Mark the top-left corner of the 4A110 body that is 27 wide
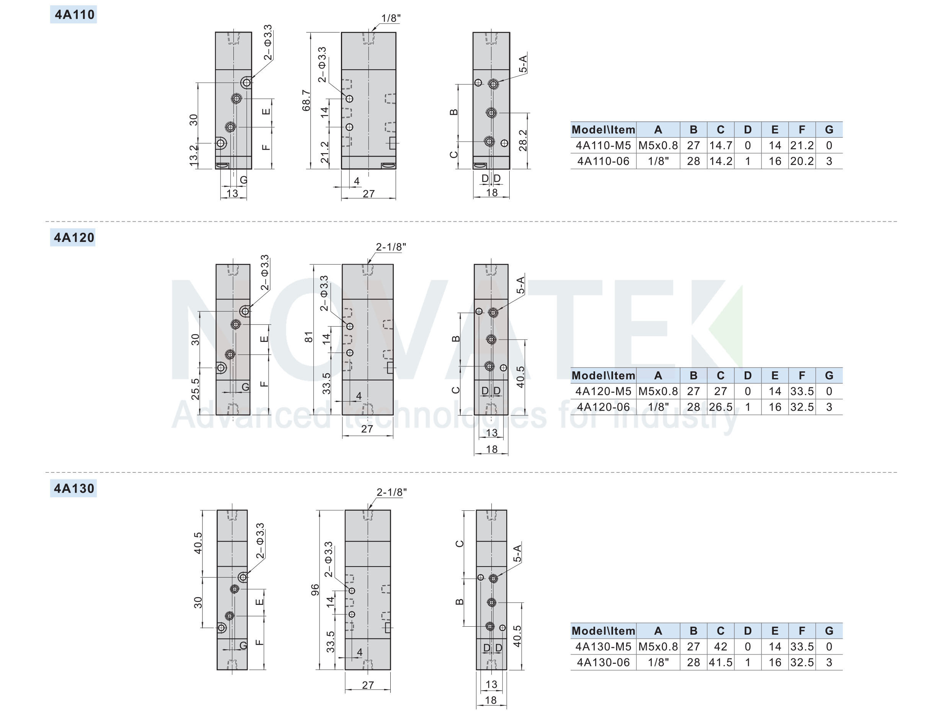[342, 32]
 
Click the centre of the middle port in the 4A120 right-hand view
[491, 340]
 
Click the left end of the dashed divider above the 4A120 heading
[46, 222]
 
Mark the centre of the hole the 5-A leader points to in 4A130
[493, 578]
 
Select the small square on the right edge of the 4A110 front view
[393, 143]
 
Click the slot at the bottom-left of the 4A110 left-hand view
[222, 165]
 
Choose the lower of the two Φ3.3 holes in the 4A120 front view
[350, 353]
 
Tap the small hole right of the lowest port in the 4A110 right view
[504, 143]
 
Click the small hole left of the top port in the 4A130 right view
[481, 578]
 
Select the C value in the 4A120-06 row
[721, 407]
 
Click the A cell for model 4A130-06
[658, 662]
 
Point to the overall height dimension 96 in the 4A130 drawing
[315, 590]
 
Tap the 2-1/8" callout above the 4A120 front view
[391, 247]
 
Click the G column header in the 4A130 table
[829, 631]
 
